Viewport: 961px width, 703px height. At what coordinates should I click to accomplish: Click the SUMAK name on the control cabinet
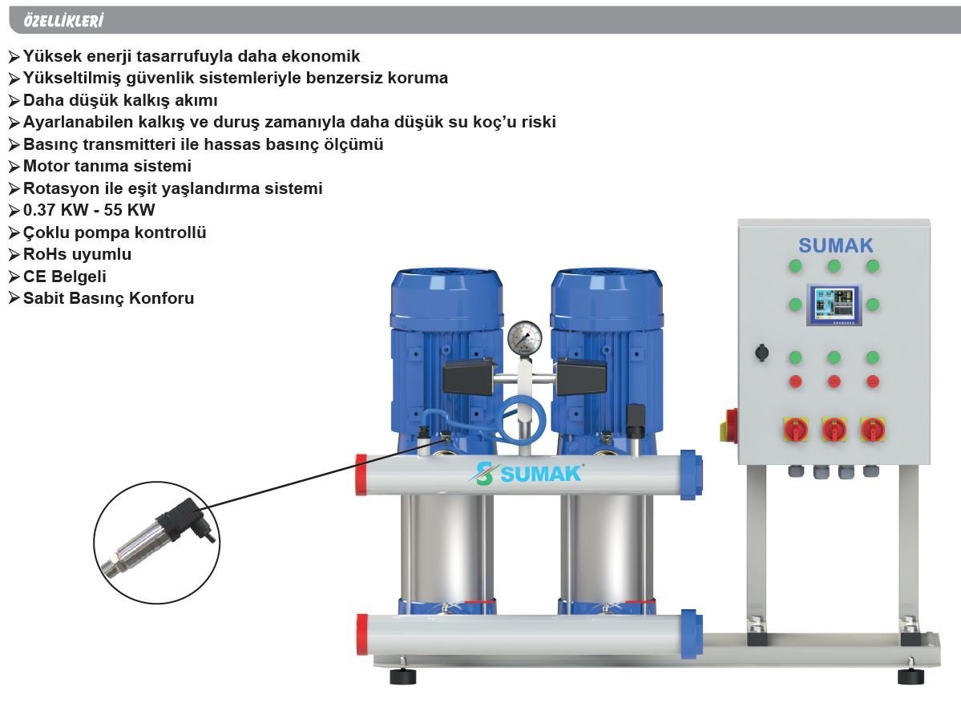(x=835, y=245)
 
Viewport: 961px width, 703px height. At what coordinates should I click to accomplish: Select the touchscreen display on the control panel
(x=834, y=305)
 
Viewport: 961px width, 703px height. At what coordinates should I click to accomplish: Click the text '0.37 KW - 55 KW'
(x=89, y=211)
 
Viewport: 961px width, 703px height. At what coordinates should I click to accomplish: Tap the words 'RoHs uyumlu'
(x=77, y=255)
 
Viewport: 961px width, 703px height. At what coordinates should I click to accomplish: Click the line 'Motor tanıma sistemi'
(x=107, y=167)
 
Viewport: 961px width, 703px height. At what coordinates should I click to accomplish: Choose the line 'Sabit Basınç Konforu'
(x=108, y=298)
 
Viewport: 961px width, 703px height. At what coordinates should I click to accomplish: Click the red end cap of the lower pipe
(x=362, y=633)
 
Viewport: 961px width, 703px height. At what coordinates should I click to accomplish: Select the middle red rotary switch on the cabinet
(x=834, y=430)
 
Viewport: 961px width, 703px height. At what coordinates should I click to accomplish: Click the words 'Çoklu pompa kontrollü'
(x=115, y=232)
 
